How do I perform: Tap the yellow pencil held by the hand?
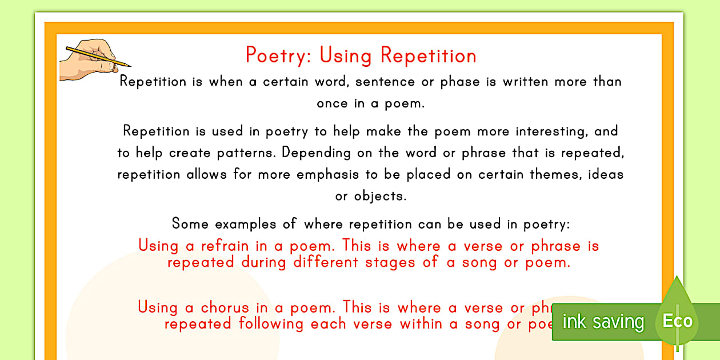pyautogui.click(x=97, y=55)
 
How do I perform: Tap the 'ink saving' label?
pyautogui.click(x=603, y=322)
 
